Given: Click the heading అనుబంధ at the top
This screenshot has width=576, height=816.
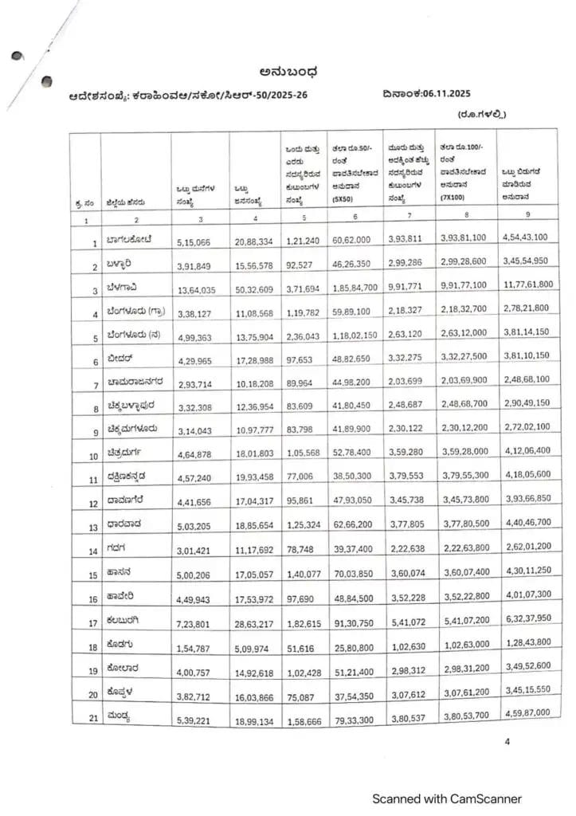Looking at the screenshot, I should (x=289, y=75).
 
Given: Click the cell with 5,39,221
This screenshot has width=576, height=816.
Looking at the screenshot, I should (x=194, y=720).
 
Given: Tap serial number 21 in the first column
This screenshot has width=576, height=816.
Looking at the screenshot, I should (x=92, y=719).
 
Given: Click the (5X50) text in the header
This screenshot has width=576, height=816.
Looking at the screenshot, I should (x=343, y=202).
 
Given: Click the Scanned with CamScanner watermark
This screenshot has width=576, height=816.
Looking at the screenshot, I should (x=447, y=798).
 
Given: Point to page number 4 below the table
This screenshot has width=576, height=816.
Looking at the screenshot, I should (x=506, y=742).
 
